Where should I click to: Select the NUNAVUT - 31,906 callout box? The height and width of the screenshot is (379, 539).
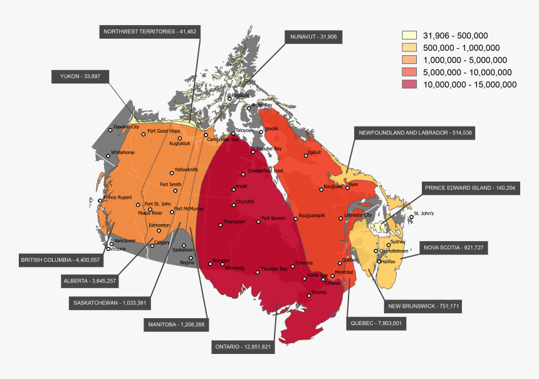pyautogui.click(x=313, y=37)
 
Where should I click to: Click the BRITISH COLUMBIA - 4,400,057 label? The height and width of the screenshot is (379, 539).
pyautogui.click(x=60, y=259)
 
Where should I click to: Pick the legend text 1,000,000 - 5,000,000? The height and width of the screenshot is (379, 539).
pyautogui.click(x=465, y=60)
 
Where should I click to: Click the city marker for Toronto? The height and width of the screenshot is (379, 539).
pyautogui.click(x=308, y=293)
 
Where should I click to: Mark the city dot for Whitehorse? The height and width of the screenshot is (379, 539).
pyautogui.click(x=108, y=153)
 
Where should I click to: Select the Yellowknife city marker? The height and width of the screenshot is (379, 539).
pyautogui.click(x=172, y=173)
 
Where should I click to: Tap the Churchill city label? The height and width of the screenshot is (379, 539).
pyautogui.click(x=244, y=202)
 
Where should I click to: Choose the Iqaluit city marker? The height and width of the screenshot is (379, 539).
pyautogui.click(x=305, y=154)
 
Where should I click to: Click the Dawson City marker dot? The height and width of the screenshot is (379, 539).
pyautogui.click(x=110, y=130)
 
